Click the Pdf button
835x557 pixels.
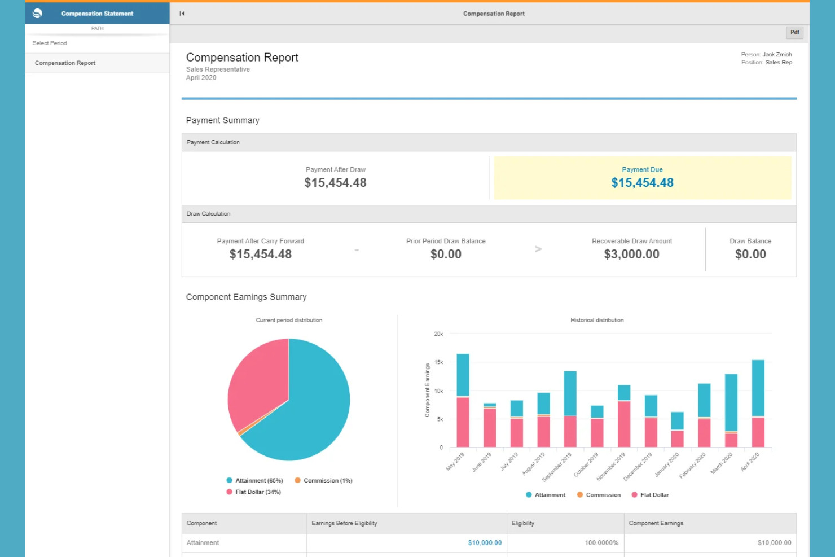click(794, 33)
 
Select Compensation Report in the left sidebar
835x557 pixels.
click(65, 63)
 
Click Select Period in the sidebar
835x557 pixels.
click(50, 43)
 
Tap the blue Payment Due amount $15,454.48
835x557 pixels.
click(642, 183)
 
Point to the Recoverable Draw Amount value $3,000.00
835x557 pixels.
click(631, 255)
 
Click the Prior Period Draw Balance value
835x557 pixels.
click(446, 255)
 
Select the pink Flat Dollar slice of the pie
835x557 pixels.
click(257, 384)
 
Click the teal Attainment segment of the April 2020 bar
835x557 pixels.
click(758, 388)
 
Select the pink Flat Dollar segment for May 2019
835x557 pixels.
click(463, 422)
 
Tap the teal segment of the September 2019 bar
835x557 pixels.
click(570, 393)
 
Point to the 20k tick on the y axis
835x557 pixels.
click(438, 334)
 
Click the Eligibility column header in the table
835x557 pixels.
click(523, 524)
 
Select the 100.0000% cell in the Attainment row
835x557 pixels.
click(601, 543)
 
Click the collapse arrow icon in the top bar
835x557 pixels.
click(182, 14)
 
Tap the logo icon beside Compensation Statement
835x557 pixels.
click(38, 14)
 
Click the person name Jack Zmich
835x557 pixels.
click(777, 55)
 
